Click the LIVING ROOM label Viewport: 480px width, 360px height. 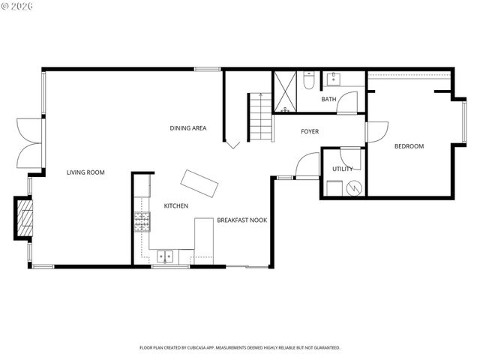point(85,172)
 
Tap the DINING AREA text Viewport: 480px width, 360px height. point(188,128)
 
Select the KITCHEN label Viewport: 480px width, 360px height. point(176,205)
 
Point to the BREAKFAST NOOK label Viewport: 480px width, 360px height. point(242,220)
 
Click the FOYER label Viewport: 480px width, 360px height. point(310,132)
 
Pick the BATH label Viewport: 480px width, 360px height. point(328,99)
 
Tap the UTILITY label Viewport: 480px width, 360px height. point(342,169)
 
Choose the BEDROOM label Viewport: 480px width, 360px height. point(409,146)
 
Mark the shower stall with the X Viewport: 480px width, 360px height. point(285,92)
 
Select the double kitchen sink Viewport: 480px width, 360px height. point(166,256)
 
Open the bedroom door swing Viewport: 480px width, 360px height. point(376,131)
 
